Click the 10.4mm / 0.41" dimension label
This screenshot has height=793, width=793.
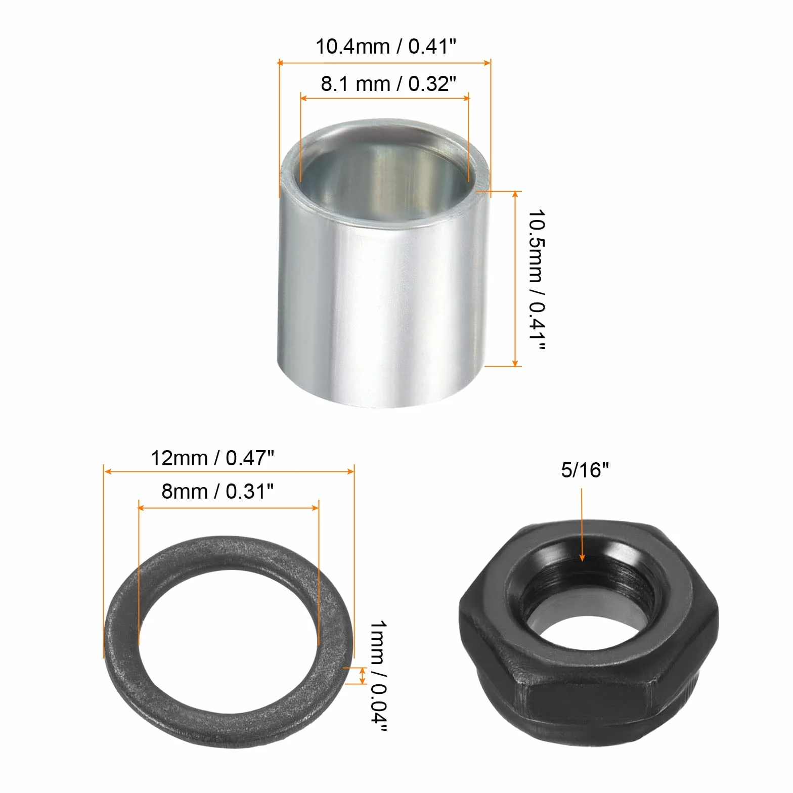[x=386, y=47]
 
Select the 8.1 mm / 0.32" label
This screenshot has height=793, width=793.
[x=388, y=83]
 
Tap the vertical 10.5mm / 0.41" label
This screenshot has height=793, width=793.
[x=537, y=280]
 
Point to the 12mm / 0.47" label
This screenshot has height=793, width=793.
[x=212, y=458]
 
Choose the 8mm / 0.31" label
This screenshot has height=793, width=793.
[x=217, y=491]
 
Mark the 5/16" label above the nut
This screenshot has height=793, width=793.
[x=585, y=470]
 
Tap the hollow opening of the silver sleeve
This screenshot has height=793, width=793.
[x=386, y=174]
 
